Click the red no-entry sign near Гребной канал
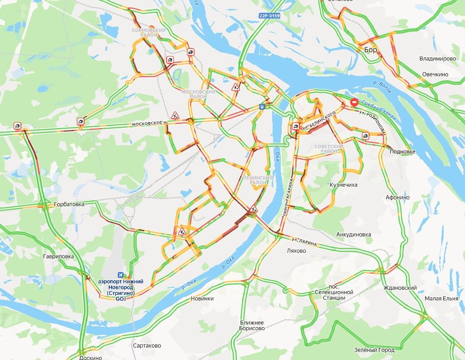click(354, 102)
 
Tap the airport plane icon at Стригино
click(120, 275)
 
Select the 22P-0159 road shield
click(269, 16)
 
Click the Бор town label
click(370, 49)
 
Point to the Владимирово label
click(437, 59)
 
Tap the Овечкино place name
click(435, 75)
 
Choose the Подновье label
click(402, 152)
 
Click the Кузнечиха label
click(344, 185)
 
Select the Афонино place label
click(398, 198)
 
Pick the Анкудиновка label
click(353, 234)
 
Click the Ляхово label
click(297, 250)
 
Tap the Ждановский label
click(400, 288)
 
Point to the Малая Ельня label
click(441, 298)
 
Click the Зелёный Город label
click(374, 350)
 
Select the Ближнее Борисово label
click(252, 326)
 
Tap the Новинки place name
click(202, 298)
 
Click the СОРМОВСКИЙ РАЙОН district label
click(149, 33)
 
